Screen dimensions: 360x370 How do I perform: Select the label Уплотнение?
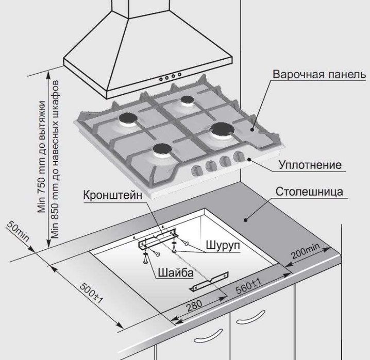coord(310,165)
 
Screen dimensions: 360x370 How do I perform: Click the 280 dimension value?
coord(194,305)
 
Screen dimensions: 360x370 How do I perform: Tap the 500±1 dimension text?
coord(92,293)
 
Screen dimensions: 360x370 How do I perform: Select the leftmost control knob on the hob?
coord(196,170)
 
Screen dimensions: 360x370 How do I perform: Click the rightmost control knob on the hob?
coord(239,157)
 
